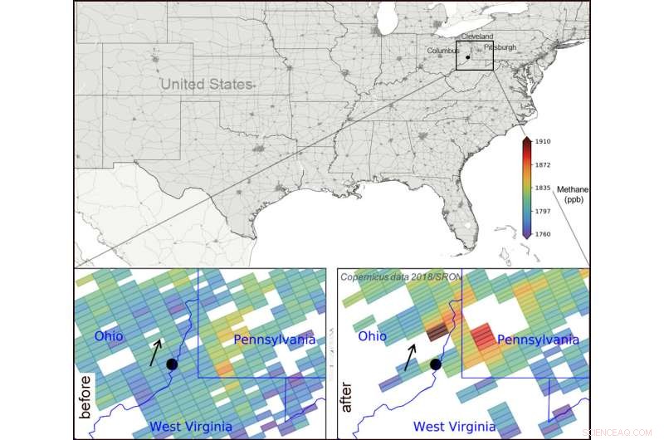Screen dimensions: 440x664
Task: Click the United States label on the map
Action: coord(205,84)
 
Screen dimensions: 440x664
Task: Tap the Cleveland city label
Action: coord(476,37)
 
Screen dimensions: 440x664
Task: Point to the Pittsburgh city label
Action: coord(499,48)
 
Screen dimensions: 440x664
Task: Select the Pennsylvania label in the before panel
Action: coord(275,340)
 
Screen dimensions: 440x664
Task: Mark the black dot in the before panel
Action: coord(172,364)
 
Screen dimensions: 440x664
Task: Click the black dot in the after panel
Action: coord(435,364)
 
